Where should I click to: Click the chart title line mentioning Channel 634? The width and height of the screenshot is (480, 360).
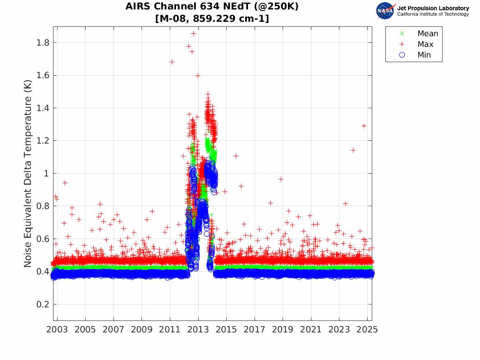pyautogui.click(x=212, y=7)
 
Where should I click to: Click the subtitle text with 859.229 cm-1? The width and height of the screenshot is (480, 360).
pyautogui.click(x=212, y=19)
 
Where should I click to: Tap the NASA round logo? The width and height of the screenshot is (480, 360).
pyautogui.click(x=385, y=11)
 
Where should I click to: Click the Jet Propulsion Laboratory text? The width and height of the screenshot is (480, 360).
pyautogui.click(x=433, y=8)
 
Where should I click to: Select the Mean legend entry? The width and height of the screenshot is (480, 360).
pyautogui.click(x=427, y=34)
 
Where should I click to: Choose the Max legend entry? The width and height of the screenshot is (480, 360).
pyautogui.click(x=425, y=44)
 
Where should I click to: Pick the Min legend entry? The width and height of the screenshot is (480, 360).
pyautogui.click(x=424, y=55)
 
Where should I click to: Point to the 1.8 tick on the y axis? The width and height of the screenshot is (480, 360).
pyautogui.click(x=43, y=43)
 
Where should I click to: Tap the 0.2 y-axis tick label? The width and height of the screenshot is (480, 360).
pyautogui.click(x=43, y=304)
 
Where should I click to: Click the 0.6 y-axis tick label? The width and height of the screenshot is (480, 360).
pyautogui.click(x=43, y=239)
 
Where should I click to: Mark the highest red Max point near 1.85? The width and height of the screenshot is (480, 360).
pyautogui.click(x=194, y=33)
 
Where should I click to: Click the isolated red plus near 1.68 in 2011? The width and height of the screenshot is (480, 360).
pyautogui.click(x=172, y=62)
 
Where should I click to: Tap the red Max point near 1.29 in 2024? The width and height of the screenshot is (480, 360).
pyautogui.click(x=364, y=125)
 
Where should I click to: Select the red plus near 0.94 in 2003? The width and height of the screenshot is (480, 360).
pyautogui.click(x=65, y=183)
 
